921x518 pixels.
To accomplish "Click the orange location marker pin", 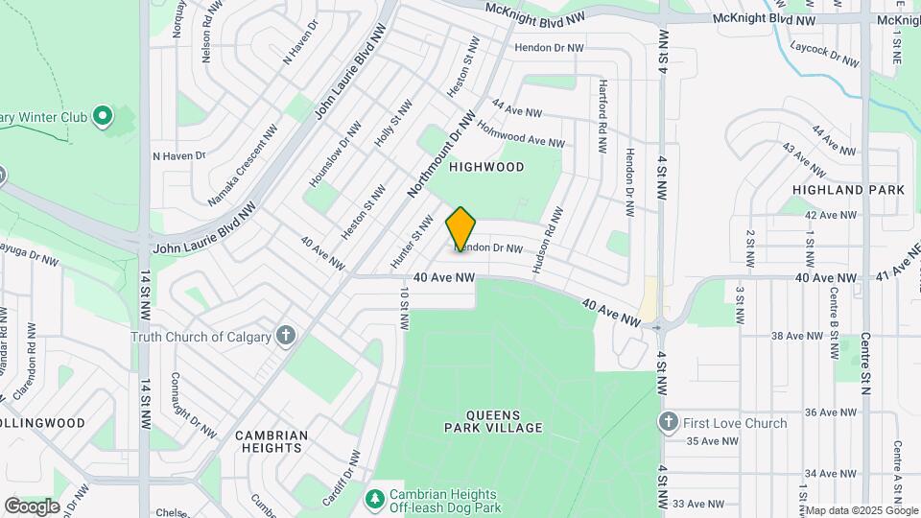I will (460, 228).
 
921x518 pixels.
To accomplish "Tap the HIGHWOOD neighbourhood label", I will (487, 167).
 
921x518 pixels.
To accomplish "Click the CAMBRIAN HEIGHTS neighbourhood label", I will (272, 442).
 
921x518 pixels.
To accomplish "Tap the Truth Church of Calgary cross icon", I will (285, 336).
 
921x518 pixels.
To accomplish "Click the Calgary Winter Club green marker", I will (103, 117).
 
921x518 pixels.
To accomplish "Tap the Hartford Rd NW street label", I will (602, 117).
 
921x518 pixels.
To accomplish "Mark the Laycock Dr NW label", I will (825, 53).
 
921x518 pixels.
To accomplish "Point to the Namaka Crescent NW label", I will (243, 166).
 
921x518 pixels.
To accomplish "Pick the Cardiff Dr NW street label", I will (341, 478).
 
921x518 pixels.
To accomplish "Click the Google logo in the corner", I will (32, 506).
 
